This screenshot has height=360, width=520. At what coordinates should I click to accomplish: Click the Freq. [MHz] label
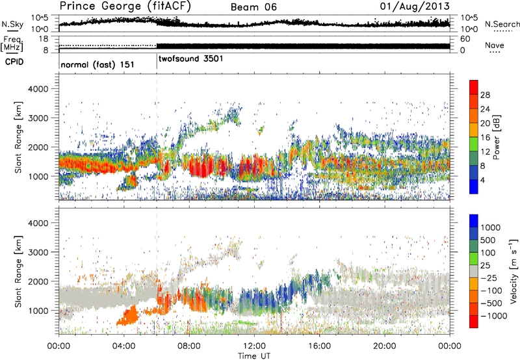point(11,45)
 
